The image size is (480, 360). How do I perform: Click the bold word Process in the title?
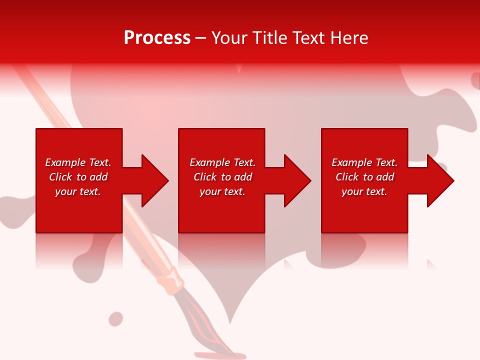157,38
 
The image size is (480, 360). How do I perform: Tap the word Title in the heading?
270,38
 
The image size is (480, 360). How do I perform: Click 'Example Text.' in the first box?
78,162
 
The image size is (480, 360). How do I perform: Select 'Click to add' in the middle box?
222,177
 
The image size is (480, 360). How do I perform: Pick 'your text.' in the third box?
364,191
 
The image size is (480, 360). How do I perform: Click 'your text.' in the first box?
78,191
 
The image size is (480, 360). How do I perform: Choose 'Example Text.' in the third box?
364,162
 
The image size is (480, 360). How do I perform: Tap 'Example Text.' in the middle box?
222,162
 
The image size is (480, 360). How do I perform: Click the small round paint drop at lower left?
116,318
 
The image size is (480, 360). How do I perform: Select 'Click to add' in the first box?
78,177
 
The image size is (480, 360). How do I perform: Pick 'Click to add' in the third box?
364,177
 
